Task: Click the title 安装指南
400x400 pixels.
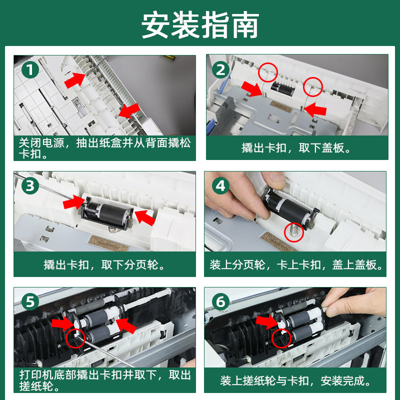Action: coord(200,25)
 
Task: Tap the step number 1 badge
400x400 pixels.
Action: coord(30,70)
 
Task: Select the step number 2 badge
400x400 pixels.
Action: coord(220,70)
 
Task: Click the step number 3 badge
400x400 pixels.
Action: coord(30,185)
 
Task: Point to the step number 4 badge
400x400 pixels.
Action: coord(220,185)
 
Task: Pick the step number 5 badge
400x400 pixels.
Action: coord(30,302)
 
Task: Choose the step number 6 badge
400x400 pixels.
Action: coord(220,302)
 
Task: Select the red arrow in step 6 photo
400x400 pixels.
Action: coord(267,321)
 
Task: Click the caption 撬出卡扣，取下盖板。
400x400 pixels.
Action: coord(296,148)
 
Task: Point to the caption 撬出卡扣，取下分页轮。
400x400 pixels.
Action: coord(104,265)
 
